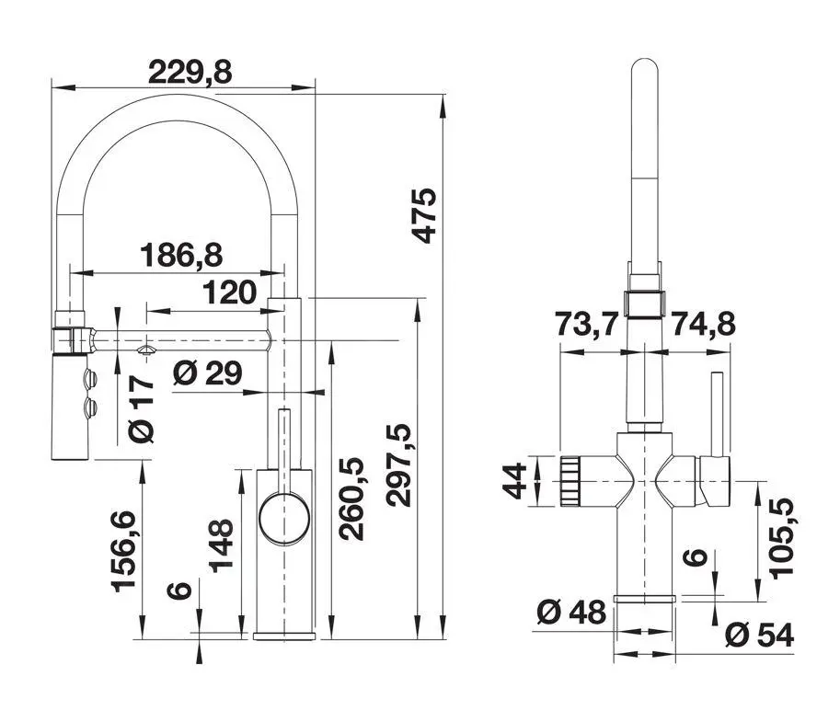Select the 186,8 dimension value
181,254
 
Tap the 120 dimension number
229,293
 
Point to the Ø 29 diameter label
207,372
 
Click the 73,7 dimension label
586,325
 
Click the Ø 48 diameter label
570,612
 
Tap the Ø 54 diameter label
759,634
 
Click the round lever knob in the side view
284,517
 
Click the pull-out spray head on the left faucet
71,405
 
